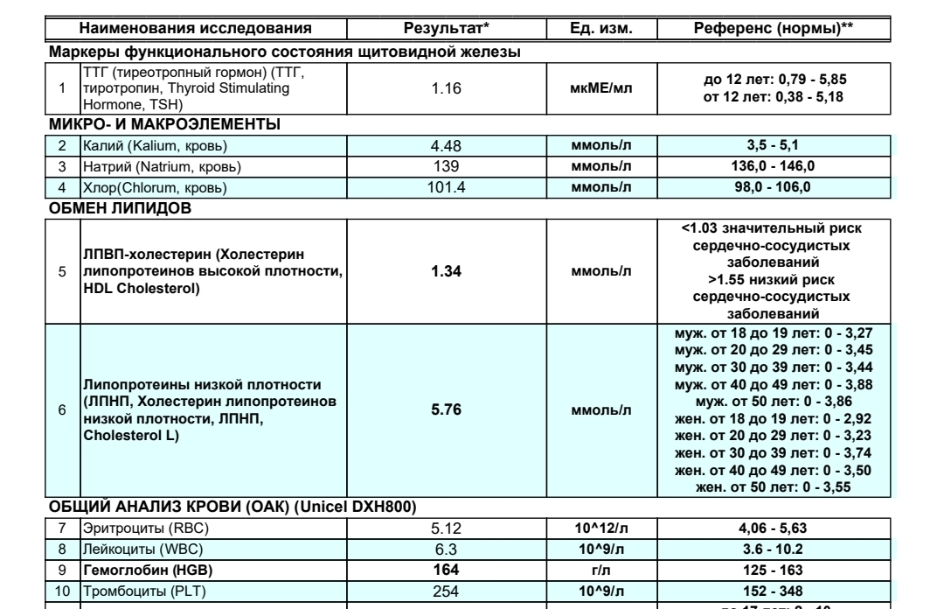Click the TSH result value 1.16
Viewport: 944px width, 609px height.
point(446,88)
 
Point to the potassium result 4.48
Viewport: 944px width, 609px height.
point(446,146)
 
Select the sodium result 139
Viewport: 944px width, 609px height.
point(446,166)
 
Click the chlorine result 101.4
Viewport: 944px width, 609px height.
point(446,186)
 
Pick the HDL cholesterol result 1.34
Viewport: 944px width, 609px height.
point(446,270)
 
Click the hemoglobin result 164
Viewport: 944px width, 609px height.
point(446,569)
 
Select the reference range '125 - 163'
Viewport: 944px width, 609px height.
point(774,569)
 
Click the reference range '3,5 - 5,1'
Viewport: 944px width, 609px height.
point(774,146)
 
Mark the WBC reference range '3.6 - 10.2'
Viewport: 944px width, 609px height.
point(774,549)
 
